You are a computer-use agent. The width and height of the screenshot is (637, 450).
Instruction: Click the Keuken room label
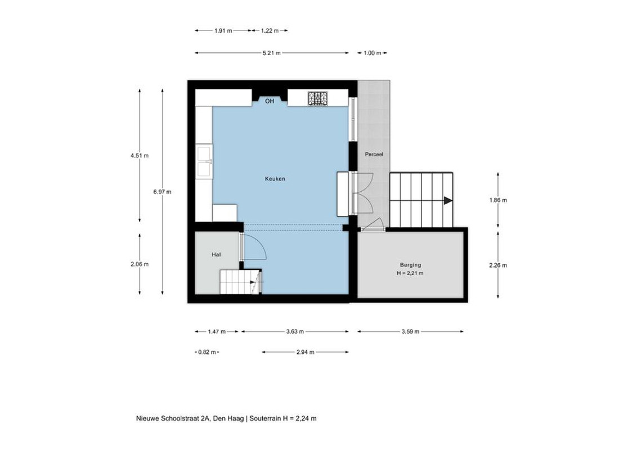(275, 179)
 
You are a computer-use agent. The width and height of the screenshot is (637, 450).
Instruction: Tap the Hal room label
(216, 255)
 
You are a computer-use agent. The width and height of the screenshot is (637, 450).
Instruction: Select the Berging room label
(410, 265)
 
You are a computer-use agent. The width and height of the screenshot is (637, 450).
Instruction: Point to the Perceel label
(374, 154)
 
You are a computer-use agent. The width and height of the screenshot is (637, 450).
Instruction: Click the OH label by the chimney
(270, 101)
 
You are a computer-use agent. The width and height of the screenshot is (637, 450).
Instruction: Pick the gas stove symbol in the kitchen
(318, 98)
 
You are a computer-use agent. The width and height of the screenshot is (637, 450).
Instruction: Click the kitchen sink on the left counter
(204, 161)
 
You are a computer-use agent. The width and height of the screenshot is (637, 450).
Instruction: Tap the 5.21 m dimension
(272, 53)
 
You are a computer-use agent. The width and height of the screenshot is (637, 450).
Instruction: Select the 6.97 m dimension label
(162, 192)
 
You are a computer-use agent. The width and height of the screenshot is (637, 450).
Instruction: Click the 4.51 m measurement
(140, 156)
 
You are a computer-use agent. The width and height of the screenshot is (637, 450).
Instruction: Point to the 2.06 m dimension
(140, 264)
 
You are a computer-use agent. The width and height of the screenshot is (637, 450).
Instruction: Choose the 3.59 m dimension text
(410, 331)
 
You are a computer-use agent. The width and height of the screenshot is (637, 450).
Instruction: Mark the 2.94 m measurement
(305, 352)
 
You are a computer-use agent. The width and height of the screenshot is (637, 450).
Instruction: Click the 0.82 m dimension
(207, 352)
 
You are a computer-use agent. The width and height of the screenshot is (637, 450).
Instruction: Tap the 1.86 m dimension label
(498, 200)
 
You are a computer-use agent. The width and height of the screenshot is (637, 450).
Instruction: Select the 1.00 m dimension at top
(372, 53)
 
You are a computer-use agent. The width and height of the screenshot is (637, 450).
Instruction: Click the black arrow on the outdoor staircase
(448, 201)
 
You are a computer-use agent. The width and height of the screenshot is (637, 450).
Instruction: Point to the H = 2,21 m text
(410, 273)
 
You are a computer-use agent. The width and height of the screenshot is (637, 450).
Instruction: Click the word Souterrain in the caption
(264, 418)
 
